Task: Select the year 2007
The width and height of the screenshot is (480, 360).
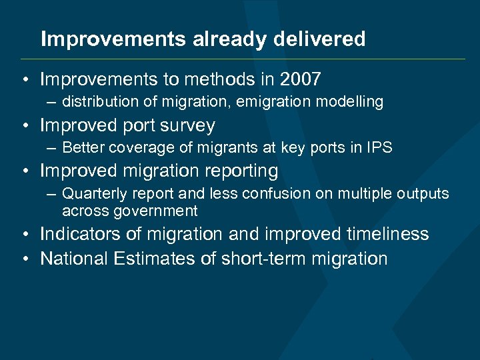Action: [301, 80]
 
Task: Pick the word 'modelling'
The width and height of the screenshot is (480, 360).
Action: [352, 102]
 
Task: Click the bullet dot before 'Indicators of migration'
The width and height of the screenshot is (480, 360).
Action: [24, 235]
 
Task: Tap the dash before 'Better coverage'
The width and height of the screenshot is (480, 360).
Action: [51, 148]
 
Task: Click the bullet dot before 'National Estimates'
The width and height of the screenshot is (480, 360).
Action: [24, 259]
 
